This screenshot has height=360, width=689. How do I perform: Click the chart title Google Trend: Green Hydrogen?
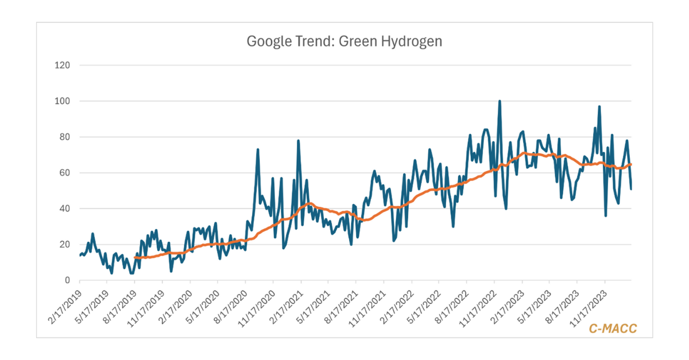[x=344, y=41]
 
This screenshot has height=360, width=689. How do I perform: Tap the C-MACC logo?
[x=613, y=328]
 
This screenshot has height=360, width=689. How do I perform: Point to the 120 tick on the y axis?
[x=61, y=65]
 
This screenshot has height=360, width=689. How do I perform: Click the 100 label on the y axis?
[x=61, y=101]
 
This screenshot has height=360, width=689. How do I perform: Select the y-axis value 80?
[x=64, y=137]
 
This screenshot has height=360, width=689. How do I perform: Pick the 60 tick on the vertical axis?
[x=64, y=173]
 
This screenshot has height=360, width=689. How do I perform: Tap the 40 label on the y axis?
[x=64, y=209]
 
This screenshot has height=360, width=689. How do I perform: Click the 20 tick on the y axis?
[x=64, y=245]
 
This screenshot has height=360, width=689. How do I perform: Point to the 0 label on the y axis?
[x=67, y=280]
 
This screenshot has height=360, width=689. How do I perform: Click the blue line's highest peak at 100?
[x=500, y=102]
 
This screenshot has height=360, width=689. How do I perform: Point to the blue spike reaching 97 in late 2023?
[x=599, y=107]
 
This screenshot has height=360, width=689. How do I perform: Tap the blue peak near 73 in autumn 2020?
[x=258, y=150]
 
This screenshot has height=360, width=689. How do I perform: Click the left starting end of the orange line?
[x=134, y=258]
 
